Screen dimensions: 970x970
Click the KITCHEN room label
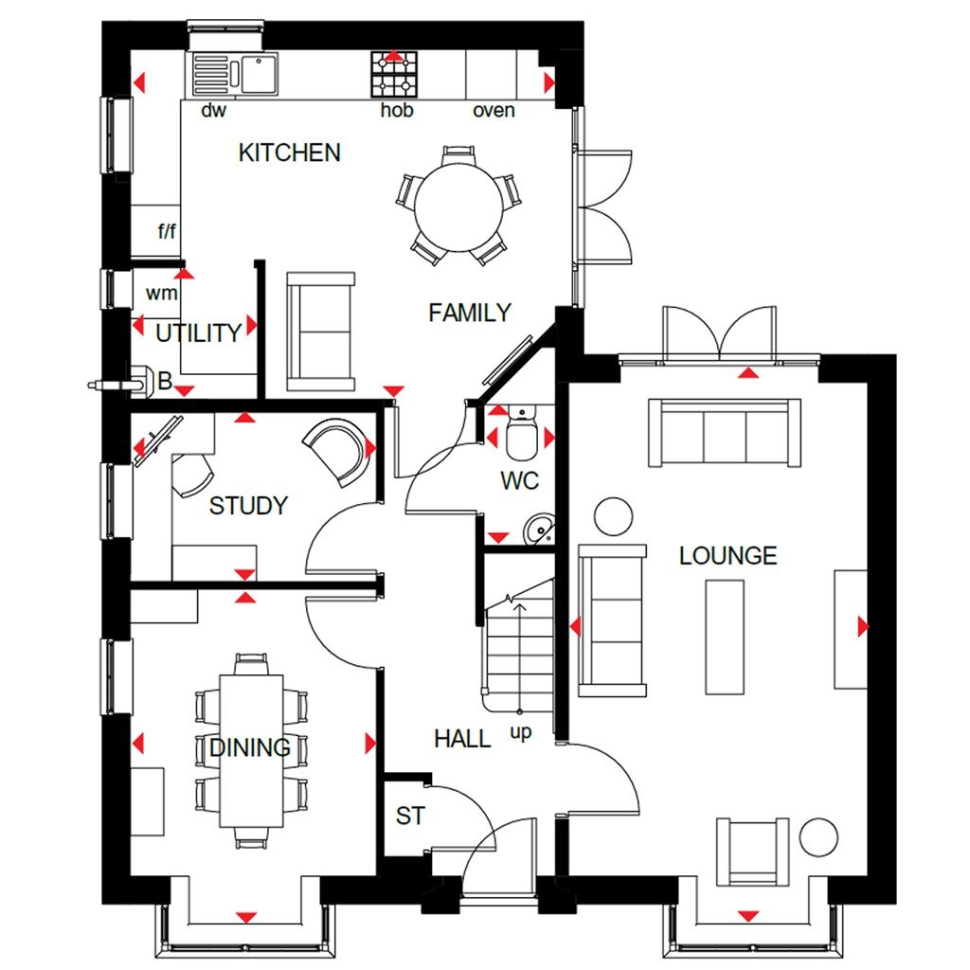289,153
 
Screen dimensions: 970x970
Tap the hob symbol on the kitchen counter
392,75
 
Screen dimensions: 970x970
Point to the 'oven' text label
494,111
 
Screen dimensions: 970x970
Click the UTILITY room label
198,333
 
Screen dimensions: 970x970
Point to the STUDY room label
247,506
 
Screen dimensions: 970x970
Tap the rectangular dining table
251,748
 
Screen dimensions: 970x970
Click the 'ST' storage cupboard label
409,816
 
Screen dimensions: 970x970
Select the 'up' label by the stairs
520,732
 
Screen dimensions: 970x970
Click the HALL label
462,739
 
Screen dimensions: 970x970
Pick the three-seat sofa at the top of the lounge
724,433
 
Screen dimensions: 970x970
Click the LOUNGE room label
727,556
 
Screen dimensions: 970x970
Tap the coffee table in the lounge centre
725,637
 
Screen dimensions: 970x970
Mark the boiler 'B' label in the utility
165,384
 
